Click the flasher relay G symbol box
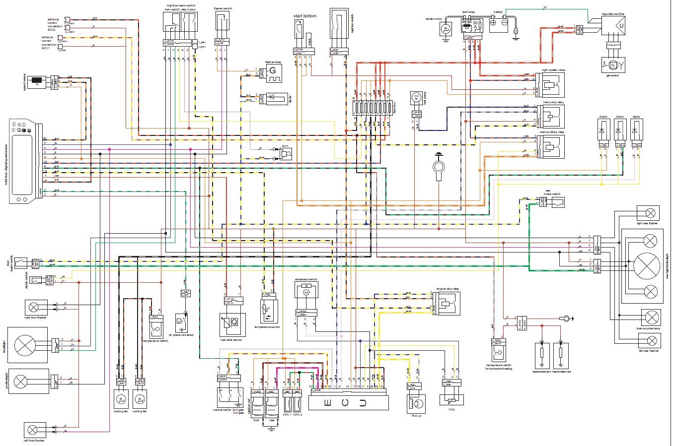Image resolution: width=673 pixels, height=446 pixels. click(273, 73)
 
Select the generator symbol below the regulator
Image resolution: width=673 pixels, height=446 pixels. click(613, 65)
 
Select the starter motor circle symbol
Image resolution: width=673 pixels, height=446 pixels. click(446, 29)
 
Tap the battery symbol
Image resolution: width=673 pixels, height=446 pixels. click(499, 23)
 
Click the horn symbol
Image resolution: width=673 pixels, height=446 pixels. click(285, 154)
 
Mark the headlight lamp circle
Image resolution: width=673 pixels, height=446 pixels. click(25, 345)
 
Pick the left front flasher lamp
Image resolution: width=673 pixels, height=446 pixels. click(33, 430)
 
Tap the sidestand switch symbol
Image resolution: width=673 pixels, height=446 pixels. click(306, 293)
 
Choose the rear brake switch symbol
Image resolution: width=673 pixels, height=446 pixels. click(555, 202)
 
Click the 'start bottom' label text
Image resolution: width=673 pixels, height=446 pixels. click(304, 16)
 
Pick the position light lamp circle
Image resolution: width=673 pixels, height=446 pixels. click(20, 382)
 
